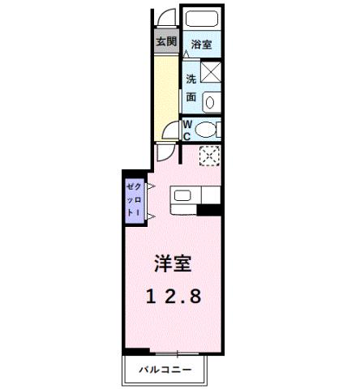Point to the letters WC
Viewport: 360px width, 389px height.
click(186, 130)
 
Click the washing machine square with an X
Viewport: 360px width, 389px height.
click(211, 73)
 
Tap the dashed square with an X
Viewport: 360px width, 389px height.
click(209, 156)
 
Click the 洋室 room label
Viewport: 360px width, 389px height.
click(174, 263)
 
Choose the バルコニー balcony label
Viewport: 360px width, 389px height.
click(165, 370)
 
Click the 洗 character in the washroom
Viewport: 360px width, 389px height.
click(191, 79)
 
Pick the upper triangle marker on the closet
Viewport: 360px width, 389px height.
click(149, 186)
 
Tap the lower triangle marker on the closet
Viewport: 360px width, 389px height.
click(149, 216)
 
